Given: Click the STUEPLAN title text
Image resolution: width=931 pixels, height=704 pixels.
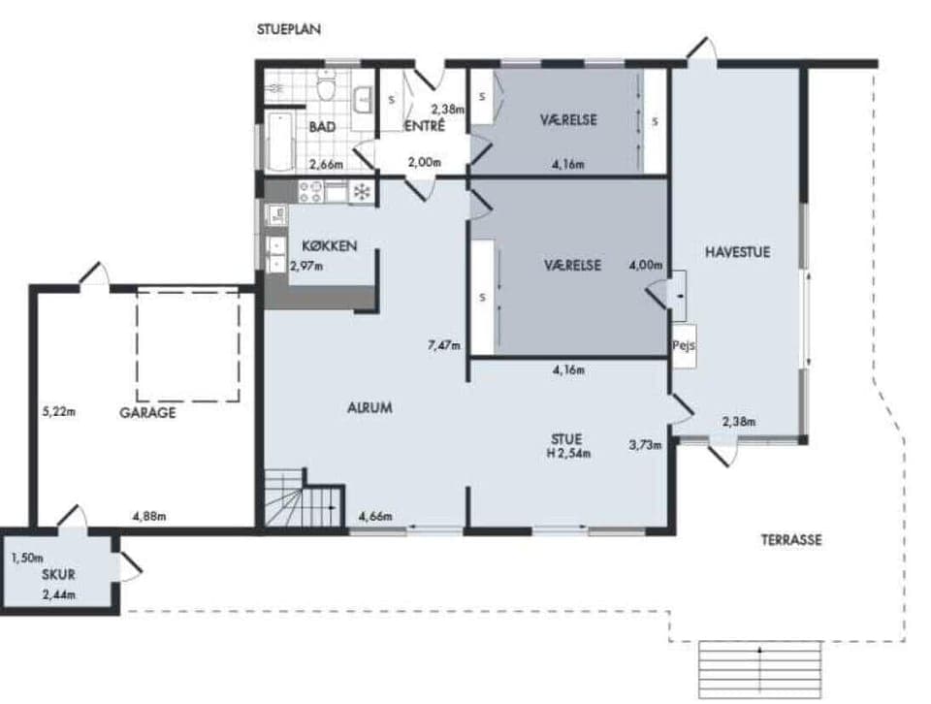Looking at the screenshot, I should point(288,29).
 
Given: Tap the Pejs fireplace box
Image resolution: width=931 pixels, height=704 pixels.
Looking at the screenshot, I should point(683,345).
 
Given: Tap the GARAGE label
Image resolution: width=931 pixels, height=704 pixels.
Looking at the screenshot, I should point(147,412).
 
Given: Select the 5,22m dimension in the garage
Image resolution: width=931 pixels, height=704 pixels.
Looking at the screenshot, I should point(58,410).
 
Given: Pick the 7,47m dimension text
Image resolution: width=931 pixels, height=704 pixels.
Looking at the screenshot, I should point(443,344).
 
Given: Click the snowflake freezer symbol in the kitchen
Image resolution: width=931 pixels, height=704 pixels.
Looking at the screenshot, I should point(362,191).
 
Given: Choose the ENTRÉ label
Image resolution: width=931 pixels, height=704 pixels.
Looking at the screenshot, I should point(424,126).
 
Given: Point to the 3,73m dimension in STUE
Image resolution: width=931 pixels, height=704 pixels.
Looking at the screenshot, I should point(645,445).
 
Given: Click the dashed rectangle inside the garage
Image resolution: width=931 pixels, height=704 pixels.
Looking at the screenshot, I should point(188,344).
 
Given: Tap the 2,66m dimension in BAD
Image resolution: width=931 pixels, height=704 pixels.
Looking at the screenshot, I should point(326,164).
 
